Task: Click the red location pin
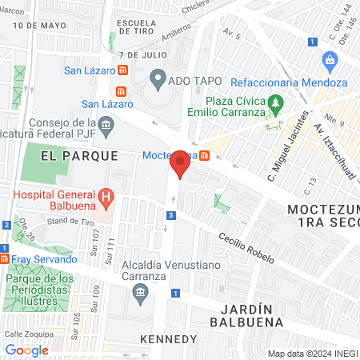[x=181, y=164]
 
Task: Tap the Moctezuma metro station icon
[x=205, y=155]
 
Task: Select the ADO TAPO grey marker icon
[x=158, y=79]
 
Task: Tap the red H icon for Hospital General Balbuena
[x=104, y=196]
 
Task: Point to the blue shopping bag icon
[x=330, y=60]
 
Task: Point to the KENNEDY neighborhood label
[x=168, y=339]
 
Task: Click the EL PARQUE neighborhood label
[x=80, y=156]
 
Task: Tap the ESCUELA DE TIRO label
[x=141, y=29]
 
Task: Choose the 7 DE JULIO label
[x=142, y=55]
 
